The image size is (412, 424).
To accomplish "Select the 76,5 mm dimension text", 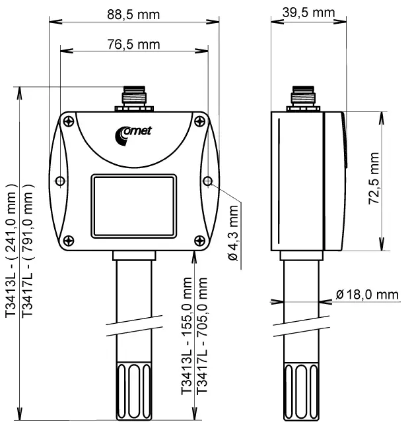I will coord(134,44).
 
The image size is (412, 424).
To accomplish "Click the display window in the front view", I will coord(134,206).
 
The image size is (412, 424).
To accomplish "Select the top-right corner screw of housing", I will coord(199,121).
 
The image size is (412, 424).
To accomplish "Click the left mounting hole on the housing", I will coord(60,181).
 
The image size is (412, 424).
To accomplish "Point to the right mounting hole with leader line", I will coord(208,181).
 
